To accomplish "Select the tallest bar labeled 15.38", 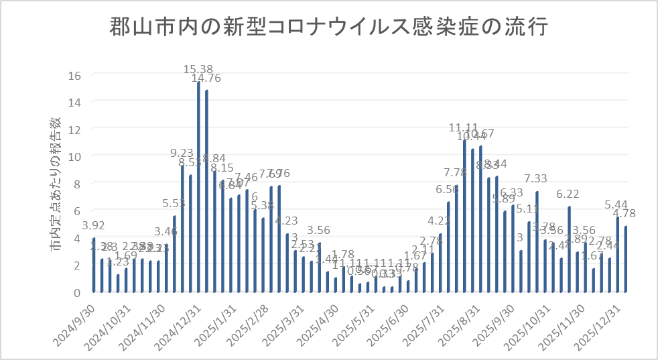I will point(198,188).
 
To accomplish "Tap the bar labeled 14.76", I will point(206,192).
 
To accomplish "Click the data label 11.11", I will point(463,128).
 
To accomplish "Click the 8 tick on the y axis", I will point(77,184).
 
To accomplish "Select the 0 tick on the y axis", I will point(77,292).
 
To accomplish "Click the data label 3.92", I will point(94,225).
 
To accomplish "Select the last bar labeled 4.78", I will point(626,259).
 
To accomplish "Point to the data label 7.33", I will point(537,178).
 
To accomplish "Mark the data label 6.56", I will point(448,188).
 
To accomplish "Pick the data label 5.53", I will point(174,202).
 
